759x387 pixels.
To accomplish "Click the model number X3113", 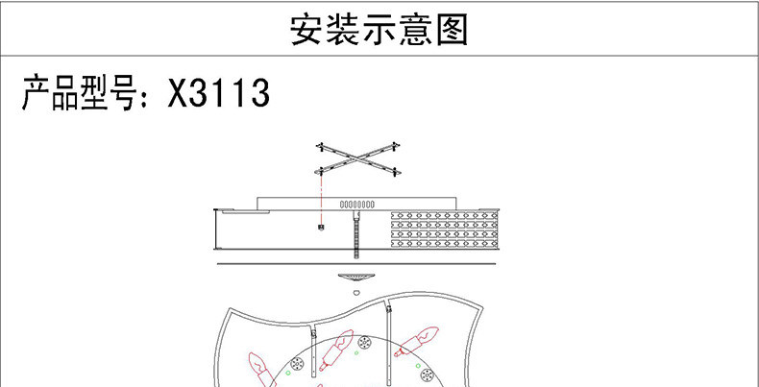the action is pos(219,95).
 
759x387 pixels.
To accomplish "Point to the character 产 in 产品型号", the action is pos(39,95).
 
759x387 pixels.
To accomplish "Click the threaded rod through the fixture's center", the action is pos(355,235).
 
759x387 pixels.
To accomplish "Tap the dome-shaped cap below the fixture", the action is pos(355,276).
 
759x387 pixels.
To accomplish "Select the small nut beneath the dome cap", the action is pos(355,290).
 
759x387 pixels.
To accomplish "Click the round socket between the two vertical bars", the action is pos(365,343).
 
